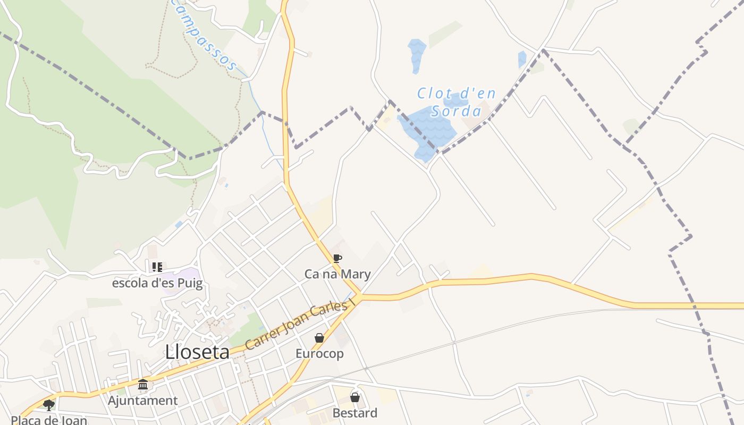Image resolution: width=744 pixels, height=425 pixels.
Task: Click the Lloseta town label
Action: pyautogui.click(x=197, y=352)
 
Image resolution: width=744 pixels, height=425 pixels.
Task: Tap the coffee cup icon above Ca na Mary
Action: pyautogui.click(x=337, y=259)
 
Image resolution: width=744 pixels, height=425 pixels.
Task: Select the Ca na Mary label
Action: pyautogui.click(x=337, y=274)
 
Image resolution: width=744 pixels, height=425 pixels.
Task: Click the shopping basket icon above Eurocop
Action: pyautogui.click(x=319, y=338)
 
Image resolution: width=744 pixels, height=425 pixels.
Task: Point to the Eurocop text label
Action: pyautogui.click(x=319, y=353)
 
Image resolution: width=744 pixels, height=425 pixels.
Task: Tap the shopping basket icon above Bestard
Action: pyautogui.click(x=355, y=397)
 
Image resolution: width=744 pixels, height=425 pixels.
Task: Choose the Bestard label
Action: pyautogui.click(x=355, y=413)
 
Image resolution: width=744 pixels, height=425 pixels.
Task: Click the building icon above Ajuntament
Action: pyautogui.click(x=143, y=385)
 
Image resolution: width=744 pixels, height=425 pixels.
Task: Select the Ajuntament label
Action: pyautogui.click(x=143, y=401)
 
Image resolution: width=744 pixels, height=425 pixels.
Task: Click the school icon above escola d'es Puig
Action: pyautogui.click(x=157, y=267)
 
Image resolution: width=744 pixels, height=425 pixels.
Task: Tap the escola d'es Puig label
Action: pyautogui.click(x=157, y=283)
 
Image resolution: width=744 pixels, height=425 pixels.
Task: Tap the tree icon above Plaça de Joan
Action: pyautogui.click(x=49, y=405)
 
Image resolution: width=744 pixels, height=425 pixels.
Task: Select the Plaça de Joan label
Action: pyautogui.click(x=49, y=420)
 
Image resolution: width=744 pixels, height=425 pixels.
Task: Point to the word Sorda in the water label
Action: pyautogui.click(x=456, y=111)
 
